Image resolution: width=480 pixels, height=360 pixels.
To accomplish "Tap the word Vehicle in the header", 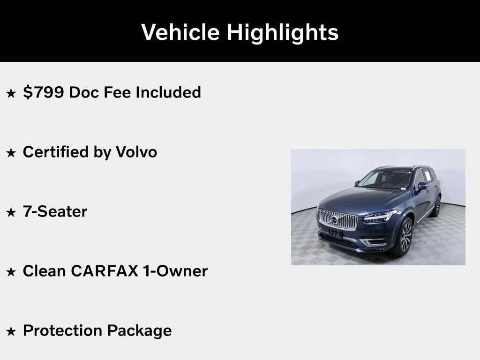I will pos(180,32).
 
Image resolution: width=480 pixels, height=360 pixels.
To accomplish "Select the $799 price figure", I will pos(43,92).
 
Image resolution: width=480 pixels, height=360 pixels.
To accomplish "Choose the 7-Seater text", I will pos(55,211).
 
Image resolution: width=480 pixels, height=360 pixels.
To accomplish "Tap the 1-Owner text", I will pos(174,271).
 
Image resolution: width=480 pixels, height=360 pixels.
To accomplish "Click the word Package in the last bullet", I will pos(139,330).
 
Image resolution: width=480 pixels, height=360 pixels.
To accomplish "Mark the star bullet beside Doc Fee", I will pos(11,93).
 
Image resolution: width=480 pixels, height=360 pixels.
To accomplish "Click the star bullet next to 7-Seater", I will pos(11,212).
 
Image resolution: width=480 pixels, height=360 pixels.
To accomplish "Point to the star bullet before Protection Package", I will pos(11,331).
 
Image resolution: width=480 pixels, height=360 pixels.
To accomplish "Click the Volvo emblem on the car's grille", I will pos(335,219).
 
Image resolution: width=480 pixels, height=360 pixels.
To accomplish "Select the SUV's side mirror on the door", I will pos(422,186).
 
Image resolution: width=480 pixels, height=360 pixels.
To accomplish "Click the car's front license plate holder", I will pos(336,233).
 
